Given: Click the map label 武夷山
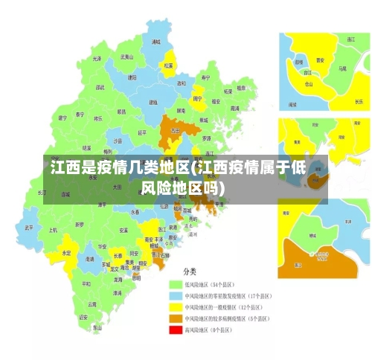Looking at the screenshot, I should [x=128, y=57].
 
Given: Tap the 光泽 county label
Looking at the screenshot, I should [x=97, y=58].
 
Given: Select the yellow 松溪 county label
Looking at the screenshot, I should [x=169, y=65].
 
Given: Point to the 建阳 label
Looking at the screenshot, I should [x=132, y=77].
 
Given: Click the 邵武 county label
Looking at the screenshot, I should [x=99, y=88].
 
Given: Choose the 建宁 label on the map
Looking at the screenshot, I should [x=62, y=118].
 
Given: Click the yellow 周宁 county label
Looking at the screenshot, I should [x=198, y=98].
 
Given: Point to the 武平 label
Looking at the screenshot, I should [x=29, y=228].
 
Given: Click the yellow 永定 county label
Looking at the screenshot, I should [x=67, y=253].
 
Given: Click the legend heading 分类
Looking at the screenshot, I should [x=190, y=272].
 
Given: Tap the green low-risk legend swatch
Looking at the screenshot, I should [x=176, y=284].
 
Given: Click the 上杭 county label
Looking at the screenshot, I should [x=53, y=230].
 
